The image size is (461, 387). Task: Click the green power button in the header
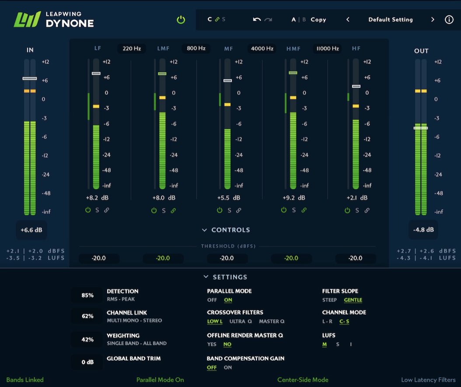pyautogui.click(x=181, y=20)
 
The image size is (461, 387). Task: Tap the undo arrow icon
pyautogui.click(x=257, y=20)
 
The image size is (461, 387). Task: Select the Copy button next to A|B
pyautogui.click(x=318, y=20)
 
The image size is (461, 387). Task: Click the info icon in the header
pyautogui.click(x=449, y=20)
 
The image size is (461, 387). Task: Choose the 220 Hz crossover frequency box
pyautogui.click(x=132, y=49)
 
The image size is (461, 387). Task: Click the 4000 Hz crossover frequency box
pyautogui.click(x=262, y=49)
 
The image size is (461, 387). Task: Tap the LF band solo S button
pyautogui.click(x=97, y=211)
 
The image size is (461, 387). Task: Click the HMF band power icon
pyautogui.click(x=284, y=211)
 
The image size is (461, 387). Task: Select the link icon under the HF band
pyautogui.click(x=367, y=211)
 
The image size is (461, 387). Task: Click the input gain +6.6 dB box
pyautogui.click(x=31, y=230)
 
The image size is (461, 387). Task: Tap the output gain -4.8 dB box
pyautogui.click(x=423, y=230)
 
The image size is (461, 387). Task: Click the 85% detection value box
pyautogui.click(x=87, y=296)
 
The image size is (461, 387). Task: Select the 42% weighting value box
pyautogui.click(x=87, y=340)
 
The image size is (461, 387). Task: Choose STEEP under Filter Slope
pyautogui.click(x=329, y=300)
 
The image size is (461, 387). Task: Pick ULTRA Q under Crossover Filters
pyautogui.click(x=241, y=322)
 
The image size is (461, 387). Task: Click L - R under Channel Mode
pyautogui.click(x=327, y=322)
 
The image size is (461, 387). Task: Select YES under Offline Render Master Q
pyautogui.click(x=212, y=345)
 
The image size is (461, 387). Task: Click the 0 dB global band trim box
pyautogui.click(x=87, y=362)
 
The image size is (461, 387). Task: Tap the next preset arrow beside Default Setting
pyautogui.click(x=433, y=20)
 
